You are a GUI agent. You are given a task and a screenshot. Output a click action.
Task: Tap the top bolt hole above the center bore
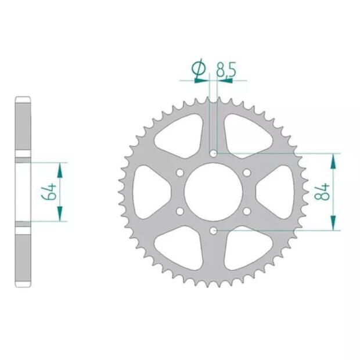pos(213,153)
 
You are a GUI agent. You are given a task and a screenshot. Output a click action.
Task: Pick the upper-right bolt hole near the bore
pos(246,172)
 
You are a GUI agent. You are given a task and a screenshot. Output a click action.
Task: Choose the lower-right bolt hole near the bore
pos(246,211)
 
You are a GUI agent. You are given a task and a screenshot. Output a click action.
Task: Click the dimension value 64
pos(49,192)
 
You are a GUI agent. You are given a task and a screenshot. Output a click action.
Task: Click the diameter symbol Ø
pos(199,70)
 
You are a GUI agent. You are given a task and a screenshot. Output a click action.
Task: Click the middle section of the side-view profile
pos(23,192)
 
